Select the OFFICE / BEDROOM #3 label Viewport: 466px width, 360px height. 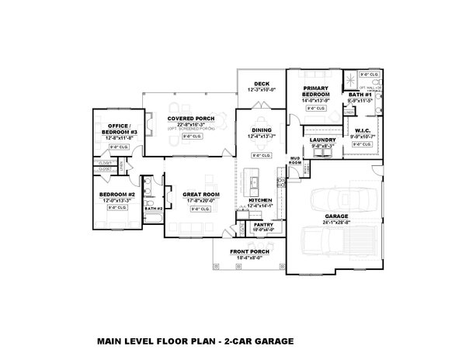[116, 129]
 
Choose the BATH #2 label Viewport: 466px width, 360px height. [153, 209]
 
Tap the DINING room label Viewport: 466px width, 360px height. [259, 131]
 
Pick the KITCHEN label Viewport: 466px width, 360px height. [260, 199]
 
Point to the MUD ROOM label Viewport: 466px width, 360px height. [295, 161]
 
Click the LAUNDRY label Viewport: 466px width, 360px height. [322, 140]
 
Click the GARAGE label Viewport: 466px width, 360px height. [336, 216]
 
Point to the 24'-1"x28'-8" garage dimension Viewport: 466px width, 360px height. [336, 223]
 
